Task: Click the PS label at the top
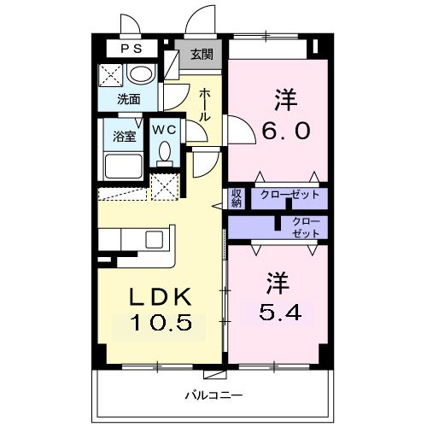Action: coord(131,49)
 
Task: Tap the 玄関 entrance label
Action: coord(202,55)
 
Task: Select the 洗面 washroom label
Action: coord(129,99)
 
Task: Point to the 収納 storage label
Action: coord(237,198)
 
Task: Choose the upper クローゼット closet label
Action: coord(290,195)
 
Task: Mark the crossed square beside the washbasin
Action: coord(112,75)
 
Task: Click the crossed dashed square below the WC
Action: coord(164,185)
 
